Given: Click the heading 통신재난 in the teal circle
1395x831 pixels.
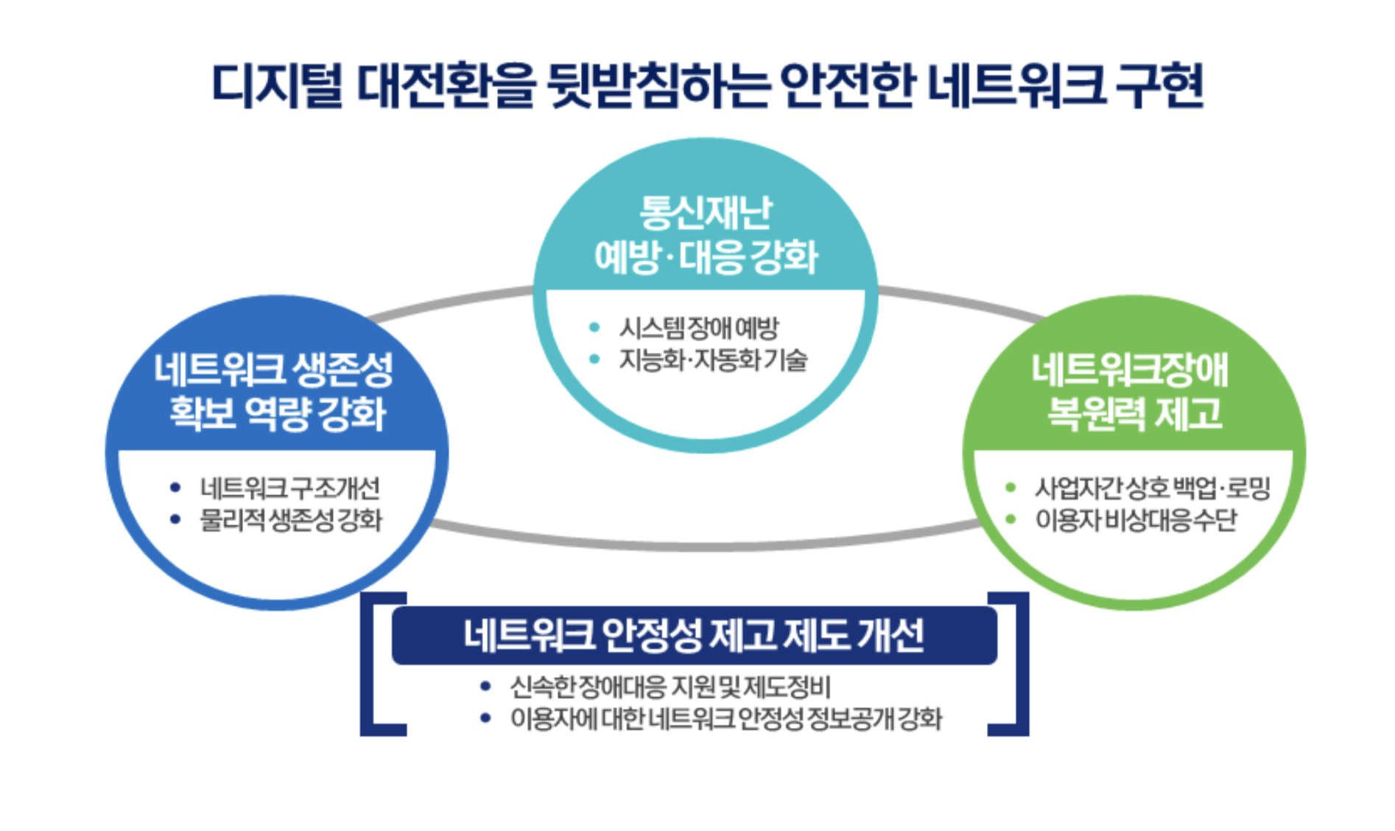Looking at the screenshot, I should tap(705, 212).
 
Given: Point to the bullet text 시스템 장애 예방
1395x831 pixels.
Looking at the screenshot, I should tap(698, 328).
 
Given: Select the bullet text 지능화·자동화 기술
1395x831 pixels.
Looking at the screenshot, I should tap(713, 360).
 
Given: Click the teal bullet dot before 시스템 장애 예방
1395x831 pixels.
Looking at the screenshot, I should tap(594, 327).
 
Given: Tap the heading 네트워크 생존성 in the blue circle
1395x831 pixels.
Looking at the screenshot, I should tap(273, 370).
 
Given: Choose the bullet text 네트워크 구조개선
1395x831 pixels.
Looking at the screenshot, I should tap(290, 488).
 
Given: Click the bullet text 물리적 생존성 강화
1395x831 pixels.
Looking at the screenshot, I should tap(291, 520).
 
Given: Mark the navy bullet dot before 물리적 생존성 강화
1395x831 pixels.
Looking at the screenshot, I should tap(175, 519).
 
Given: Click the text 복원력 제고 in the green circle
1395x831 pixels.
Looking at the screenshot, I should tap(1134, 413).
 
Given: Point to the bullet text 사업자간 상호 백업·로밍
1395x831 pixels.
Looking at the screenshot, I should tap(1153, 488).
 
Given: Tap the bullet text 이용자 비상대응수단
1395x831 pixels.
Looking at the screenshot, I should tap(1136, 520).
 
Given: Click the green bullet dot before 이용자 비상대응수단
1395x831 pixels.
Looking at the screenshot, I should tap(1011, 519).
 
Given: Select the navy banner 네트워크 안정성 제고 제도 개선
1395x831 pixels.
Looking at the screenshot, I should tap(694, 635).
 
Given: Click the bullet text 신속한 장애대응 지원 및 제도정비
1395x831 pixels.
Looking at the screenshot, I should tap(670, 687).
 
